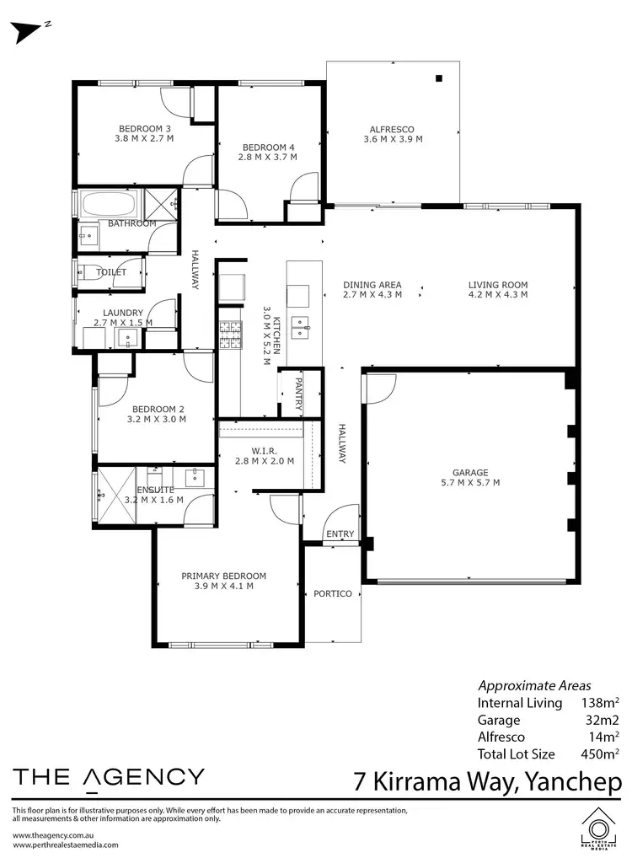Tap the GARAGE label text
pos(469,473)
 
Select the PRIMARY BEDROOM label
pos(223,576)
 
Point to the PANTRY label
pos(299,394)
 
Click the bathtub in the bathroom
pos(109,204)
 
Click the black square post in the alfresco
pos(439,79)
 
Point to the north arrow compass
pos(30,29)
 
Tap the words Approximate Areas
pos(534,685)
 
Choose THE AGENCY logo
pos(108,778)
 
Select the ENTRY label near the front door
pos(340,534)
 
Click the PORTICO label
pos(332,594)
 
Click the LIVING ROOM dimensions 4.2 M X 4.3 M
pos(498,295)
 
